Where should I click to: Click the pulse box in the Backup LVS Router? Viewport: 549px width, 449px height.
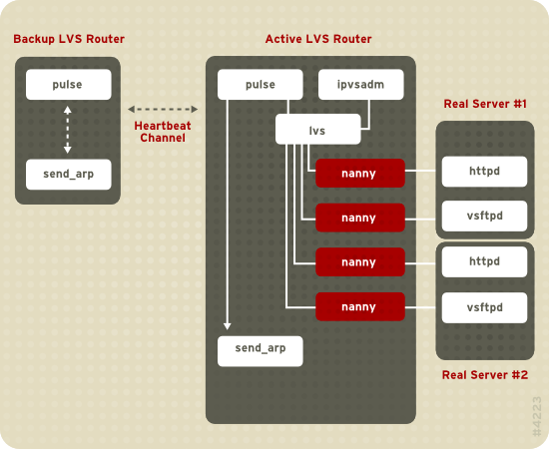[68, 85]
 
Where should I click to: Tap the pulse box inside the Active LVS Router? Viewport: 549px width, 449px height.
[260, 85]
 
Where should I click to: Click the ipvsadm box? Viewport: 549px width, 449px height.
[360, 85]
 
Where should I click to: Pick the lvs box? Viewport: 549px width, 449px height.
[316, 130]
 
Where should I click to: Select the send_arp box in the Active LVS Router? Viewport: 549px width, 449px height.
[260, 350]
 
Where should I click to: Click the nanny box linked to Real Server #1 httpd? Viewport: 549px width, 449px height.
[359, 174]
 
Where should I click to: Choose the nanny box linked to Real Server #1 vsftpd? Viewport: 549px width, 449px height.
[359, 218]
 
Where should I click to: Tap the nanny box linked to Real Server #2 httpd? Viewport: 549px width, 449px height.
[359, 262]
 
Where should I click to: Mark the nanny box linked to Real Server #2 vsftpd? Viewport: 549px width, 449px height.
[359, 306]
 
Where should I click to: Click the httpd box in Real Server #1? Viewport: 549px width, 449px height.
[484, 171]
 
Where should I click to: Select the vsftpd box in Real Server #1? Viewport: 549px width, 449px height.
[484, 215]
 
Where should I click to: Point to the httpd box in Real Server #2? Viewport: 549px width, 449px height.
[484, 262]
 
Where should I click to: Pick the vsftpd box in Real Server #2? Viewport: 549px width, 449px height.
[484, 306]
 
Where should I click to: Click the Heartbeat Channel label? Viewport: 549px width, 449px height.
[163, 131]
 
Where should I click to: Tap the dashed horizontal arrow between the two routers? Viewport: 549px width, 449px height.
[163, 108]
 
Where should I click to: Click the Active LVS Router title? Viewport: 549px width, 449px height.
[317, 39]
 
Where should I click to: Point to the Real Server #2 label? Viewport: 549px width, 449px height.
[484, 375]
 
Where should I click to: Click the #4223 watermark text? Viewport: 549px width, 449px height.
[536, 412]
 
